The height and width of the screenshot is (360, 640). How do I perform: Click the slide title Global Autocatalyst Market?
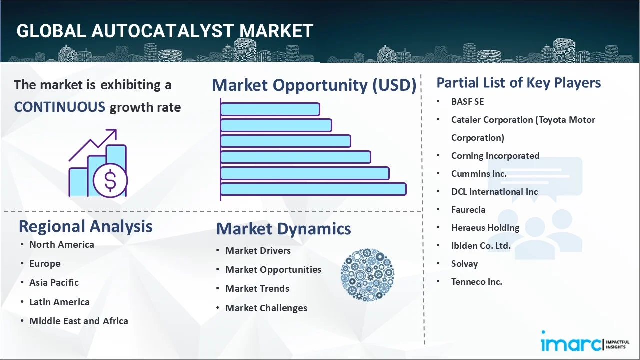[165, 31]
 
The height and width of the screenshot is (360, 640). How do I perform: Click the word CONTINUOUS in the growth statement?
[59, 107]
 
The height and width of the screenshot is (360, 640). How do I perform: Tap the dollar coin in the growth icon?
[110, 181]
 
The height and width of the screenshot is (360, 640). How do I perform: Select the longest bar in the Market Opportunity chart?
[313, 189]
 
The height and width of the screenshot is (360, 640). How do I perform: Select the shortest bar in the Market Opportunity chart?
[270, 109]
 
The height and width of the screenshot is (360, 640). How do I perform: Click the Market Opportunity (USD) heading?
[314, 85]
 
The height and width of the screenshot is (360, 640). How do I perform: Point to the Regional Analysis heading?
[85, 226]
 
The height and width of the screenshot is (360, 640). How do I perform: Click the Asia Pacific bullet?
[54, 282]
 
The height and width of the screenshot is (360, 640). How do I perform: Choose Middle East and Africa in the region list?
[78, 321]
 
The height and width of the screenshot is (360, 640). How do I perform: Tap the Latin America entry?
[59, 302]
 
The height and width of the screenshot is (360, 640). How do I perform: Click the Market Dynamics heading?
[283, 229]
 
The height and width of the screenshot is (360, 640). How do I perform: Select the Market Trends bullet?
[257, 288]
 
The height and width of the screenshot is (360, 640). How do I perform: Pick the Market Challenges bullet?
[266, 308]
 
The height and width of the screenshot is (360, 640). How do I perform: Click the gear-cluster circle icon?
[367, 275]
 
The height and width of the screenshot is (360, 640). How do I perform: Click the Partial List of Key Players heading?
[518, 82]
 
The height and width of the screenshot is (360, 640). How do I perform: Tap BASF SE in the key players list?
[467, 102]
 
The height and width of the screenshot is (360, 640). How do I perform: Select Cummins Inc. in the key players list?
[478, 174]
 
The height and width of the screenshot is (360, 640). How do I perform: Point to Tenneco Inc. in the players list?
[476, 282]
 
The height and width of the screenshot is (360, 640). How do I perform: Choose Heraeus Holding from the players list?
[485, 228]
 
